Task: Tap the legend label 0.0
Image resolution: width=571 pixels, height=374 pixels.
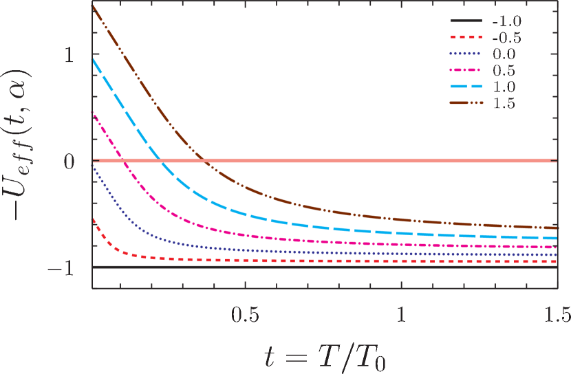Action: (x=504, y=54)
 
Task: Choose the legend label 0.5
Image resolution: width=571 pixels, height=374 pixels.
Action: (x=504, y=71)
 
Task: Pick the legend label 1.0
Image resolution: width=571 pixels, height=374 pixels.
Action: (x=504, y=87)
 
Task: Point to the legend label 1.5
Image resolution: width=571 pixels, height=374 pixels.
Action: (x=504, y=104)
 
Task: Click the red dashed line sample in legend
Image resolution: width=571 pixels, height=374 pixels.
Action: (x=464, y=38)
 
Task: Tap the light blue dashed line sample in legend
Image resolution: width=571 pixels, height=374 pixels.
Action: (x=464, y=87)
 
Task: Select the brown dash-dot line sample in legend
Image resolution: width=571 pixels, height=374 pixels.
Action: (x=464, y=104)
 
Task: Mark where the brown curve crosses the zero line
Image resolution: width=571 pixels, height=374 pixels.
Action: (x=205, y=161)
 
